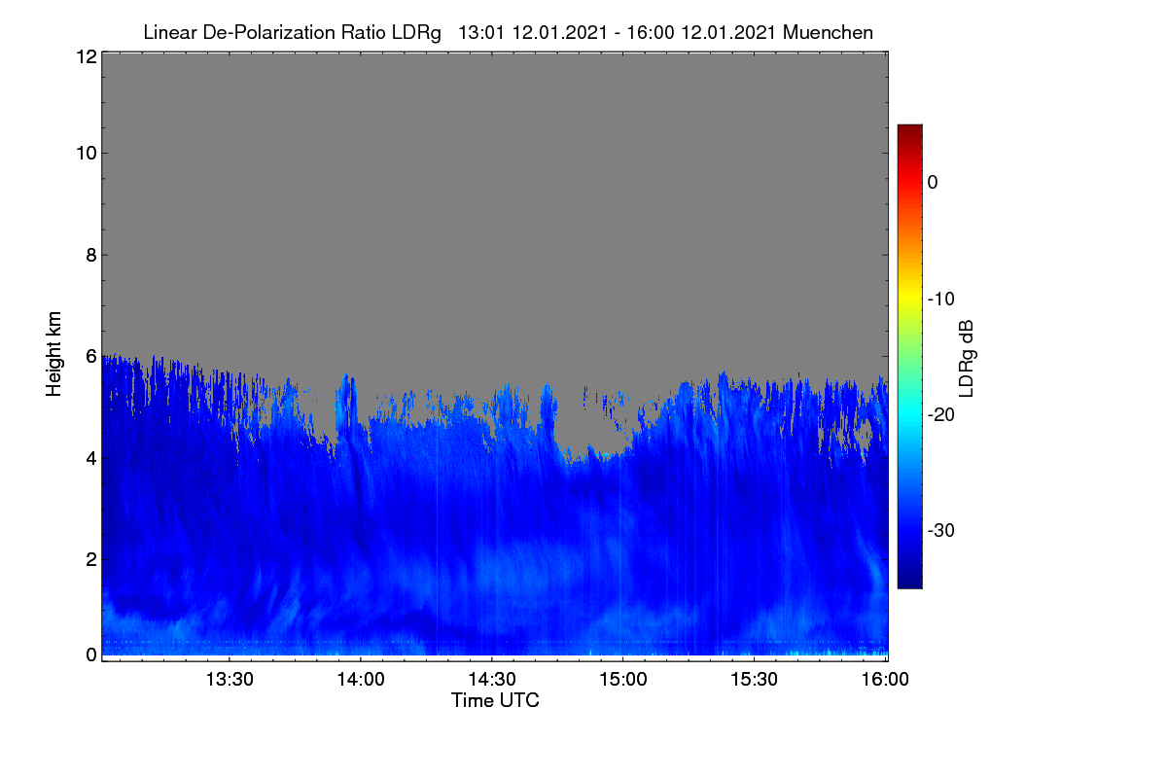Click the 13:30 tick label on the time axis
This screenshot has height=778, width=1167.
230,680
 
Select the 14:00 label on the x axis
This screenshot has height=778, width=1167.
361,680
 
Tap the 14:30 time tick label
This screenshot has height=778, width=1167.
492,680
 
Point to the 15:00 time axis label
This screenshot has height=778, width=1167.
623,680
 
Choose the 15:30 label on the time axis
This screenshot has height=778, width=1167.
754,680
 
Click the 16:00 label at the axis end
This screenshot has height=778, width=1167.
885,680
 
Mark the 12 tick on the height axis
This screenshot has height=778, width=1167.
87,56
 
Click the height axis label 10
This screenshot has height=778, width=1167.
87,154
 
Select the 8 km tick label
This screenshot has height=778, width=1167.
91,256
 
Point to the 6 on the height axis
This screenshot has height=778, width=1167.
91,357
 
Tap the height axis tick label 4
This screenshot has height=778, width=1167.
91,459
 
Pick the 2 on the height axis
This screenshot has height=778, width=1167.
91,559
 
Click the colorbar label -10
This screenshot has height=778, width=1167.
941,300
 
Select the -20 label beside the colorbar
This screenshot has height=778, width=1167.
941,415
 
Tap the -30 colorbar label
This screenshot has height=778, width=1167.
941,530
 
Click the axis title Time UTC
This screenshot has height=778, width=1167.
495,701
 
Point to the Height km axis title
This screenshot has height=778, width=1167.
53,354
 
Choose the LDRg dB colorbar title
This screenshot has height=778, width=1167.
966,359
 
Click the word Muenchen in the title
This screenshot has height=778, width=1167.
828,33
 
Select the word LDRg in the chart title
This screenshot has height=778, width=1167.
416,33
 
